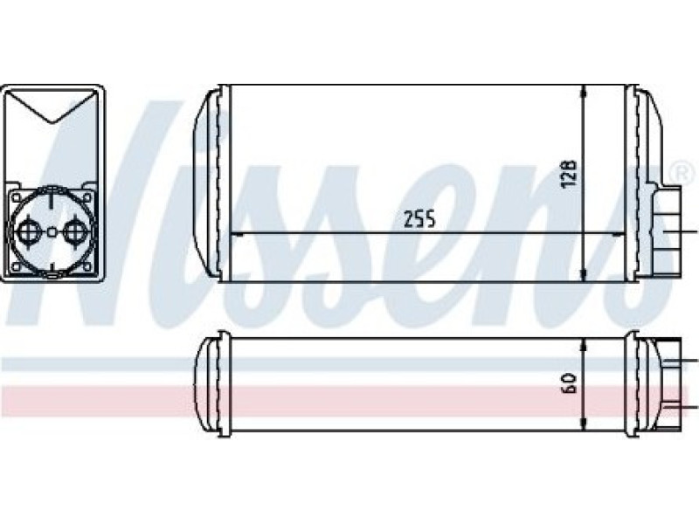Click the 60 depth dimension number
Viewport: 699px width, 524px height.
coord(568,383)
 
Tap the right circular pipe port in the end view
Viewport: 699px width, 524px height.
coord(77,232)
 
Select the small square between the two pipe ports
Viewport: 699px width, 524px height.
coord(52,232)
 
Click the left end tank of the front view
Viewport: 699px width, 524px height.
coord(210,183)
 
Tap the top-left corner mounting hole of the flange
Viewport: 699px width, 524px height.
coord(14,199)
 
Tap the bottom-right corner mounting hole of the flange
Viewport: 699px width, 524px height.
coord(90,265)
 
